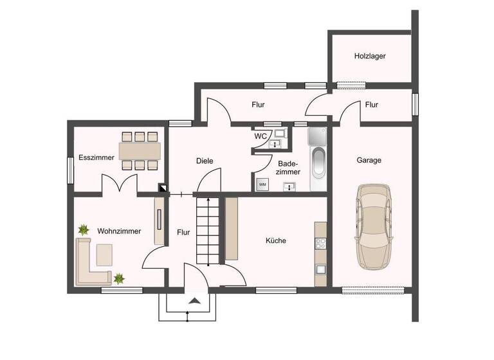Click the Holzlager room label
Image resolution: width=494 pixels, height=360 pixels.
click(370, 56)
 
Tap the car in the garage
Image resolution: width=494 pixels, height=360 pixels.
click(374, 226)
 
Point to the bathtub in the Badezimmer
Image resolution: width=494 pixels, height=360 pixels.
click(319, 165)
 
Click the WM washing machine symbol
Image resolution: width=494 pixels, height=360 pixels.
click(262, 184)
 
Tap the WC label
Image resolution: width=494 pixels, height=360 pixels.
click(261, 136)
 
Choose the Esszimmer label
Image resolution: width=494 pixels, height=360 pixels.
click(96, 157)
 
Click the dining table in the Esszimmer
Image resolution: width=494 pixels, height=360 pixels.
click(139, 150)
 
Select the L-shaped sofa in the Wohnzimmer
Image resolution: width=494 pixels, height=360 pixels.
click(90, 264)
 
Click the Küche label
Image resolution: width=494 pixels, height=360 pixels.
click(276, 240)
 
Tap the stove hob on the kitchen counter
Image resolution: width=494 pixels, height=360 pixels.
click(320, 243)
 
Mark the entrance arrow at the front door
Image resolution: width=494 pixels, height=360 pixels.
click(193, 300)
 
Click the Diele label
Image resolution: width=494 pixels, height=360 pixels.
click(205, 161)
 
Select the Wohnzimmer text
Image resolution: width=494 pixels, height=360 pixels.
click(119, 230)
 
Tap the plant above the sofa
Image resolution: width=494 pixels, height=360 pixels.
click(84, 229)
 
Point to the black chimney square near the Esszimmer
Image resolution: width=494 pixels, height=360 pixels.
click(163, 189)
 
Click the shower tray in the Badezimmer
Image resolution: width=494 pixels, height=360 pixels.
click(318, 136)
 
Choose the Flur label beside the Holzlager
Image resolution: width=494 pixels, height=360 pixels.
click(371, 104)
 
